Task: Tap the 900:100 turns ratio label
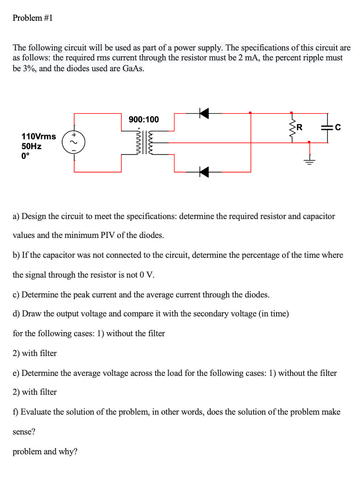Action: pos(143,119)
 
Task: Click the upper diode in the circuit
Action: pos(204,113)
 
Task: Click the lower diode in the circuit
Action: pos(204,172)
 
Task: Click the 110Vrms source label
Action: pos(39,136)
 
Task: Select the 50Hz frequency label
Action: pos(32,146)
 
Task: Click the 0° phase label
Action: pos(26,157)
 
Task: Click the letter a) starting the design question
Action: pos(16,216)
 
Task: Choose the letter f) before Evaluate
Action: pos(16,412)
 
